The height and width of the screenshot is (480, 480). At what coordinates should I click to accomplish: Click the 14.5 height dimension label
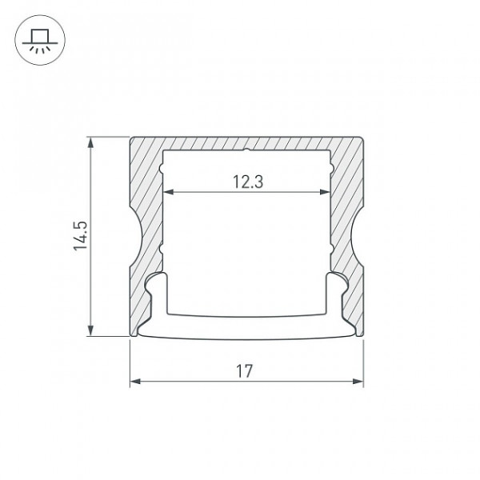tap(80, 236)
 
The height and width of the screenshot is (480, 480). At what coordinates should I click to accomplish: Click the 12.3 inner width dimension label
tap(248, 182)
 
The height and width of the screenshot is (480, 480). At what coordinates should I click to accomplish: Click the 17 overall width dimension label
tap(244, 371)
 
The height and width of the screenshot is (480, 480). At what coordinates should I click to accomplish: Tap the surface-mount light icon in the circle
tap(40, 40)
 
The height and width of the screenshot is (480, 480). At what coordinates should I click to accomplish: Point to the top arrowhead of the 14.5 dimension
tap(90, 142)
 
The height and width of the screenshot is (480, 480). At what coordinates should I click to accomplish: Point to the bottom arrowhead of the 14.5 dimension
tap(90, 330)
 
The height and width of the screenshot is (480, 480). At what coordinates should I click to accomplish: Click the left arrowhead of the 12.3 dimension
tap(169, 192)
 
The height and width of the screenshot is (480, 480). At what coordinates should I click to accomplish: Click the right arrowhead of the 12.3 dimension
tap(325, 192)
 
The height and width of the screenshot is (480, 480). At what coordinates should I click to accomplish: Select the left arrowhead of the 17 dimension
tap(135, 382)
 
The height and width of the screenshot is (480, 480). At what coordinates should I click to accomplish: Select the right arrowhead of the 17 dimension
tap(358, 382)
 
